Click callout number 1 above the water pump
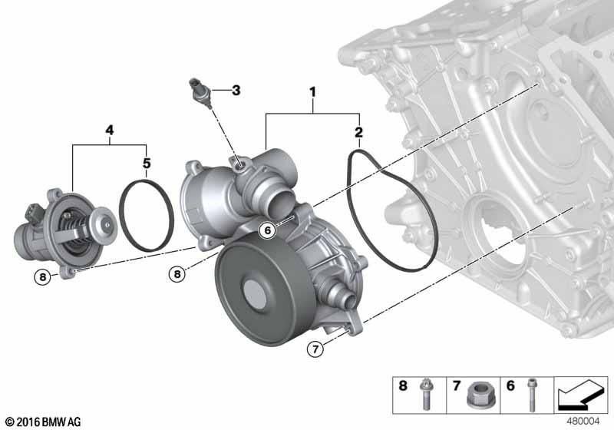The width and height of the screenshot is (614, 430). click(312, 92)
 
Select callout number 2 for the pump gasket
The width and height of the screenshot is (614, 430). click(358, 132)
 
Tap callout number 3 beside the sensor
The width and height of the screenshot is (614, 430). click(236, 91)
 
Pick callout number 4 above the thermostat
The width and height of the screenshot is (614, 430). click(110, 131)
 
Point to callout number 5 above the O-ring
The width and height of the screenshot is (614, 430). click(147, 163)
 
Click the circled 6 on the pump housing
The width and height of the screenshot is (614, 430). click(268, 230)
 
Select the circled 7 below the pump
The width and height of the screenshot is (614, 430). click(315, 348)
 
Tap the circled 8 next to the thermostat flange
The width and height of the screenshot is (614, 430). click(43, 277)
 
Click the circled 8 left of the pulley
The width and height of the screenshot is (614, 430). click(177, 274)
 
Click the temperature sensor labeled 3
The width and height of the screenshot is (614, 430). click(201, 93)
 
